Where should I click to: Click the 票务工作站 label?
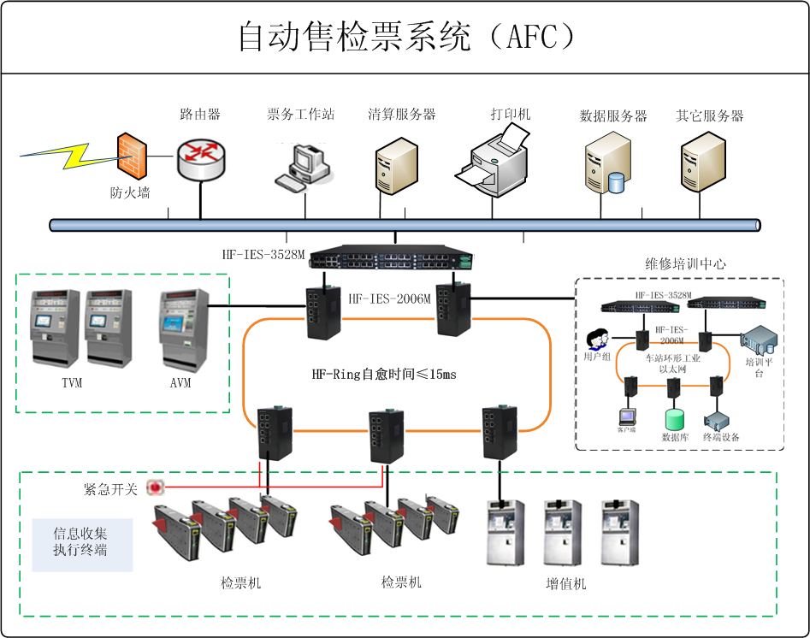(300, 115)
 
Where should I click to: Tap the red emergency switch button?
(155, 487)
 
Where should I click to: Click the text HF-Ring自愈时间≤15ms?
(384, 374)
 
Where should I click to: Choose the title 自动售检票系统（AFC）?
(405, 37)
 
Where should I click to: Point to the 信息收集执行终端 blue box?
(81, 542)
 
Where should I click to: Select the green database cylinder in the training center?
(675, 419)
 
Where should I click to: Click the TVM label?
(72, 382)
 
